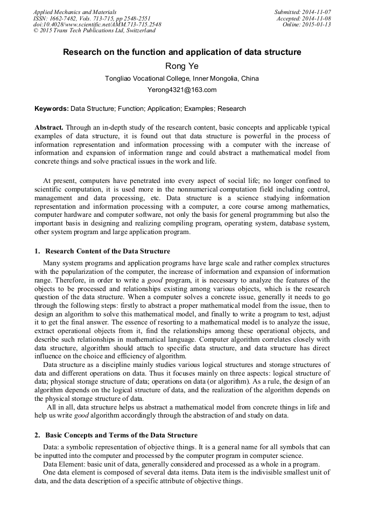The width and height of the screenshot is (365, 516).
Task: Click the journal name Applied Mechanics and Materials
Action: (75, 11)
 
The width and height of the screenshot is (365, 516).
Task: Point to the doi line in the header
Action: (97, 24)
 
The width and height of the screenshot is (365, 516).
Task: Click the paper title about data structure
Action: (182, 52)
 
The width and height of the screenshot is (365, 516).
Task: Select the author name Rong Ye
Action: (182, 66)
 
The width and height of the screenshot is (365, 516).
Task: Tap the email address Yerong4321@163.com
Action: (182, 90)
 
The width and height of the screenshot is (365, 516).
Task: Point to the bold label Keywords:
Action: (52, 109)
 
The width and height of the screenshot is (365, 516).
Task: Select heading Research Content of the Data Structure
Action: (108, 251)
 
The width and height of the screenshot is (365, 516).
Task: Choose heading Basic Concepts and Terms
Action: (121, 435)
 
